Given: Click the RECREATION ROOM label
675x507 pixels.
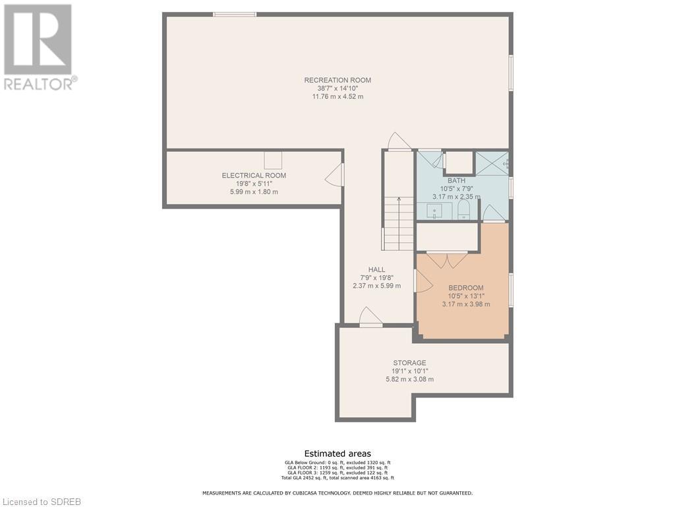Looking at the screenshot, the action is pyautogui.click(x=337, y=80).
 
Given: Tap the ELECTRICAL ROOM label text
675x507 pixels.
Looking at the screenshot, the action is pyautogui.click(x=254, y=176).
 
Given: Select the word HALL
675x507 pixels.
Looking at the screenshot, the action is pyautogui.click(x=376, y=269).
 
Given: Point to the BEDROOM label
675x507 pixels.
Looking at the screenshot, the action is pyautogui.click(x=466, y=288).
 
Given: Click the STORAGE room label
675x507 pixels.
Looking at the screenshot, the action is pyautogui.click(x=409, y=363).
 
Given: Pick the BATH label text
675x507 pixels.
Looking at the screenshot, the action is pyautogui.click(x=456, y=181).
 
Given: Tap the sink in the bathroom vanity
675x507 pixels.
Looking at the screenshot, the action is pyautogui.click(x=434, y=212).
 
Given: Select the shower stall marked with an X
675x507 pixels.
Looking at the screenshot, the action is pyautogui.click(x=492, y=163).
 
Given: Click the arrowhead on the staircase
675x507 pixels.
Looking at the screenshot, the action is pyautogui.click(x=399, y=199).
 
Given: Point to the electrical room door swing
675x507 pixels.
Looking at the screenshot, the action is pyautogui.click(x=334, y=175).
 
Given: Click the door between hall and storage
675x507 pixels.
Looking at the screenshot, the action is pyautogui.click(x=370, y=318).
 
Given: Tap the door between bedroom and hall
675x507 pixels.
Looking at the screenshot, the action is pyautogui.click(x=423, y=281).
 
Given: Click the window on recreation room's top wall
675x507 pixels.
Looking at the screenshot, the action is pyautogui.click(x=235, y=15).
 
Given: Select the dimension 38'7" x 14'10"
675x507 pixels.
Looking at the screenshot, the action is pyautogui.click(x=337, y=88).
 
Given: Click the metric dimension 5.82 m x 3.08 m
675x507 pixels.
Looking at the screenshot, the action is pyautogui.click(x=409, y=380).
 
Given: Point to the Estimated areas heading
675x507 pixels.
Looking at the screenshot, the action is pyautogui.click(x=337, y=454).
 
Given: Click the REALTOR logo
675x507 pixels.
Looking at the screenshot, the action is pyautogui.click(x=40, y=48).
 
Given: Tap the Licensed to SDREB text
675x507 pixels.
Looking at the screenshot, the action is pyautogui.click(x=40, y=502).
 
